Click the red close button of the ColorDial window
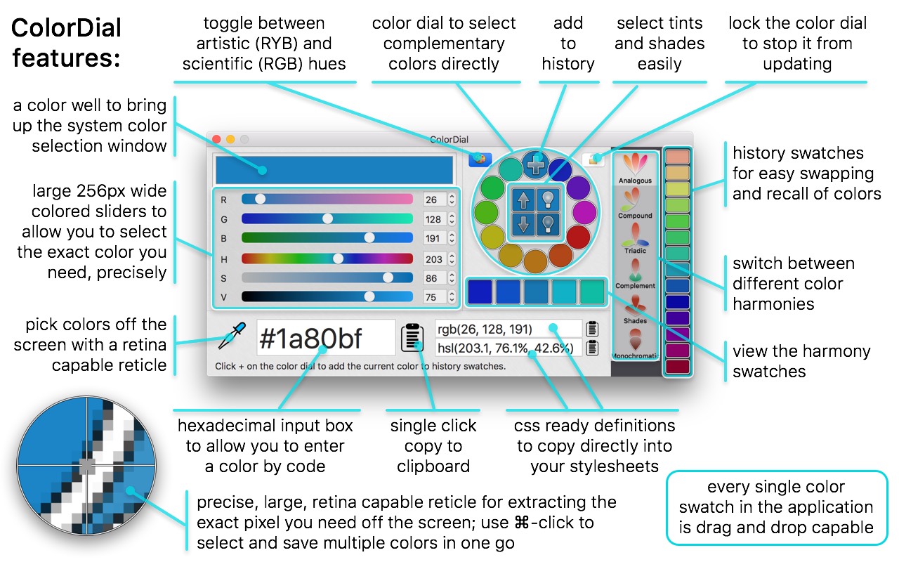(216, 139)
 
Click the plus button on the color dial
(536, 165)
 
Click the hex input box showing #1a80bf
(326, 338)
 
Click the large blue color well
(334, 170)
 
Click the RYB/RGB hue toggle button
(480, 159)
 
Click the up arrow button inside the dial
(523, 200)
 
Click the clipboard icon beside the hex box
(412, 338)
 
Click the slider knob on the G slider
(327, 218)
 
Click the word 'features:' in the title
(67, 57)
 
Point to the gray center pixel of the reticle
(86, 465)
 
